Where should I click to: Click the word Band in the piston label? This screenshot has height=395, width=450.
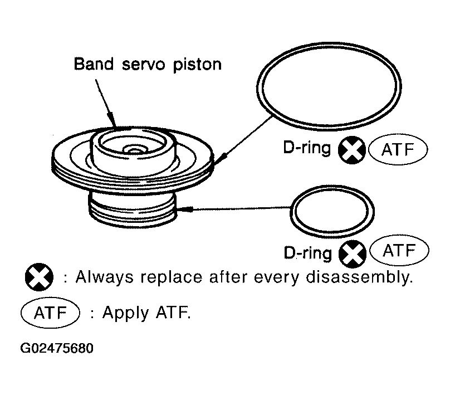tap(94, 64)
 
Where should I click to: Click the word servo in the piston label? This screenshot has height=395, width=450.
tap(144, 65)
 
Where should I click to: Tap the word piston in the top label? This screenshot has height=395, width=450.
tap(197, 65)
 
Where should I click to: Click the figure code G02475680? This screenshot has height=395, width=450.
tap(57, 348)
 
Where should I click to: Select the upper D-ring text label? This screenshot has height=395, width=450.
tap(307, 148)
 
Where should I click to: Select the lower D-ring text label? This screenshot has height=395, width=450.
tap(307, 252)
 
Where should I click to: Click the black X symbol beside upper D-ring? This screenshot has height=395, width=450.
tap(352, 150)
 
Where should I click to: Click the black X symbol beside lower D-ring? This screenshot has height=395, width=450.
tap(353, 253)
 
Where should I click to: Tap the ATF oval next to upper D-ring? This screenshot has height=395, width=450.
tap(398, 149)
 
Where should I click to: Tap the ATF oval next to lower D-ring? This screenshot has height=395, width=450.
tap(399, 250)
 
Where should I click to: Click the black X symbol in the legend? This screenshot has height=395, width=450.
tap(39, 277)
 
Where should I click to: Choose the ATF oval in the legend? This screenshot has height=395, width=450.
tap(50, 313)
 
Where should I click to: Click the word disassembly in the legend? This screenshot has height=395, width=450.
tap(359, 277)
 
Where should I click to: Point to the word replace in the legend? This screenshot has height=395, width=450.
tap(172, 278)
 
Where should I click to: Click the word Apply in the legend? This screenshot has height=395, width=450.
tap(126, 313)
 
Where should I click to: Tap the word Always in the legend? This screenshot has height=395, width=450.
tap(105, 277)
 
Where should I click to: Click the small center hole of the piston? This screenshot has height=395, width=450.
tap(133, 149)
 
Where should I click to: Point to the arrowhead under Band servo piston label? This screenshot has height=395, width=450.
tap(112, 119)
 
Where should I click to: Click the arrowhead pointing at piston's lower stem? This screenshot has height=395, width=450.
tap(184, 209)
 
